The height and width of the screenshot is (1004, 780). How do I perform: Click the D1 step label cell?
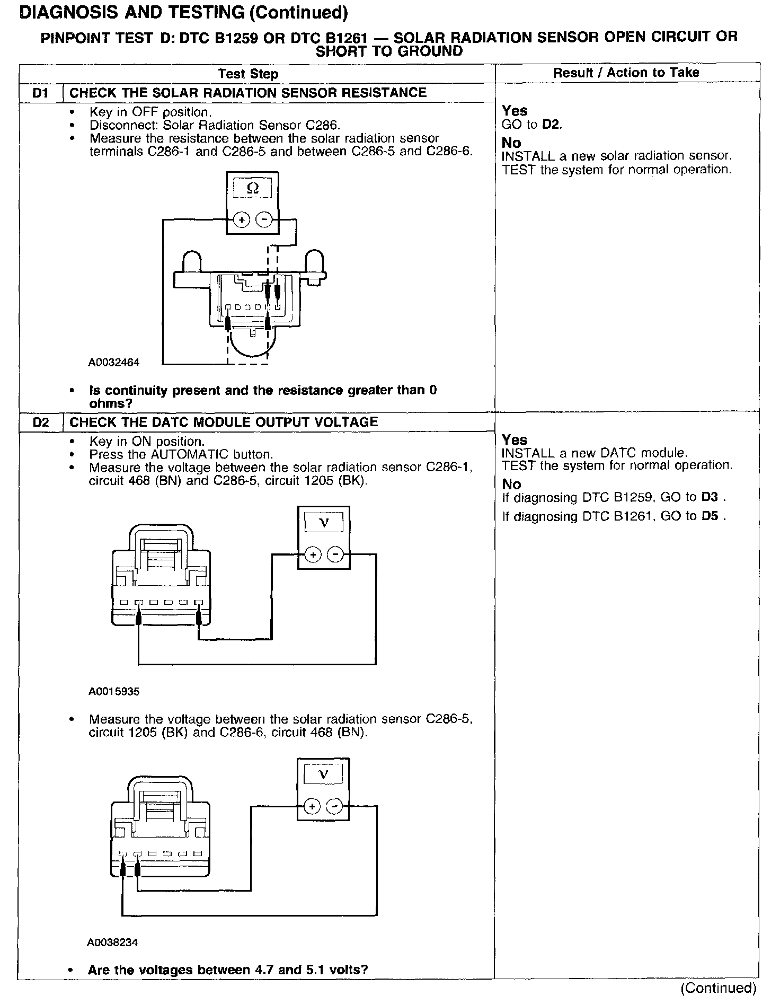40,93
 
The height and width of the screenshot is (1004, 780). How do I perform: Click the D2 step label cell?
40,422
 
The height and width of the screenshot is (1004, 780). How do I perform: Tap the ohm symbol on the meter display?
253,188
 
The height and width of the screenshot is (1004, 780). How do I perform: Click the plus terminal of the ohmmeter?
242,219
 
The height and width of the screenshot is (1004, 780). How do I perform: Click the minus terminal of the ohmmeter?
264,219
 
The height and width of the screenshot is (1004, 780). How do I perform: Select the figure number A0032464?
114,363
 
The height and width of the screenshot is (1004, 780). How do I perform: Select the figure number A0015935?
114,692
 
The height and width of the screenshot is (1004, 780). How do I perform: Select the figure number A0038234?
113,943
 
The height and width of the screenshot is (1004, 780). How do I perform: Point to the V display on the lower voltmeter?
323,774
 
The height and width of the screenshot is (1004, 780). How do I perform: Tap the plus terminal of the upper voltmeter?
313,555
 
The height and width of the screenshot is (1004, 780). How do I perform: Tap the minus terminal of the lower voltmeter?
334,806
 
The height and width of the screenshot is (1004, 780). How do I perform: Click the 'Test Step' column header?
248,74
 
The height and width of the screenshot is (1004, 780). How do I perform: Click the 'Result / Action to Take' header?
626,73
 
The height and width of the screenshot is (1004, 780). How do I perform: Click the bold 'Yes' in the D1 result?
515,111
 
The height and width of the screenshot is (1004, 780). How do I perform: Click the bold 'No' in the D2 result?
511,484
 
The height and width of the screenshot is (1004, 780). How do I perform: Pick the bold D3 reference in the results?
710,497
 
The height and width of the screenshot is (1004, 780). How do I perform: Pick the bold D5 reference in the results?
710,516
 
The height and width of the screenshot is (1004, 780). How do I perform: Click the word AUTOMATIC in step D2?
196,454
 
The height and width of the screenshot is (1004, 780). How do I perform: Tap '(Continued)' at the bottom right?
719,988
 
